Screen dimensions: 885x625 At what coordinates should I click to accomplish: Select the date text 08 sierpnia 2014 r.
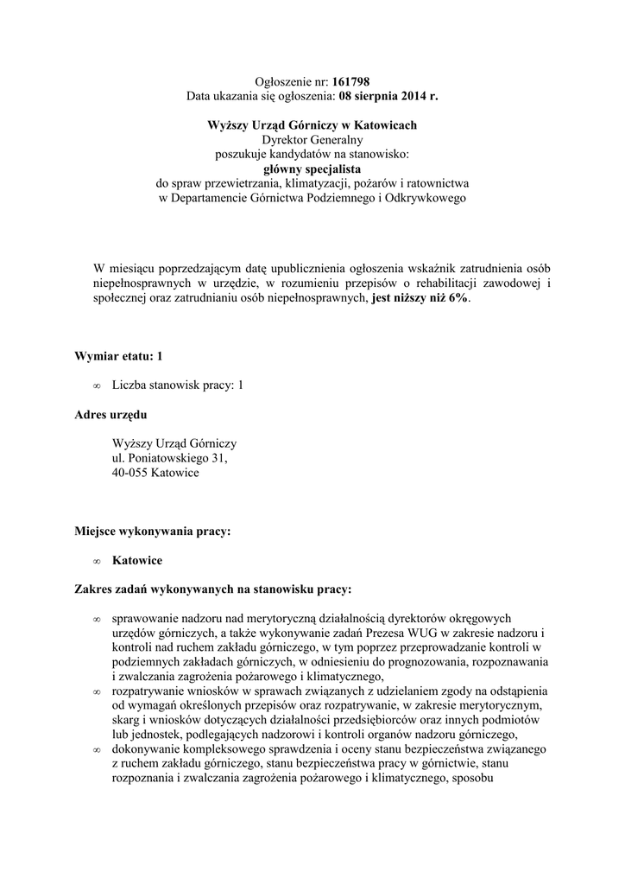click(388, 95)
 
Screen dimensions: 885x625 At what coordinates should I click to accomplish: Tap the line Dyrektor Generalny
click(312, 139)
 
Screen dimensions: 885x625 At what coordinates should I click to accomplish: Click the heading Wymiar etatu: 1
click(119, 355)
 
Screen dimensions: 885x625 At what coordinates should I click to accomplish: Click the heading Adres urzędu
click(111, 414)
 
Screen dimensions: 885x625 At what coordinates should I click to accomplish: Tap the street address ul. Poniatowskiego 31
click(169, 458)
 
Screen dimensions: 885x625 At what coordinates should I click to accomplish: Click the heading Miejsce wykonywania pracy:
click(153, 532)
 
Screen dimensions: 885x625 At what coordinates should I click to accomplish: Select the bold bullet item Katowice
click(137, 561)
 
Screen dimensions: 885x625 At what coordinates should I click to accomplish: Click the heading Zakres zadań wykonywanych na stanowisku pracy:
click(213, 589)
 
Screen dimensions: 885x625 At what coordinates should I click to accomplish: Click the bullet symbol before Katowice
click(97, 562)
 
